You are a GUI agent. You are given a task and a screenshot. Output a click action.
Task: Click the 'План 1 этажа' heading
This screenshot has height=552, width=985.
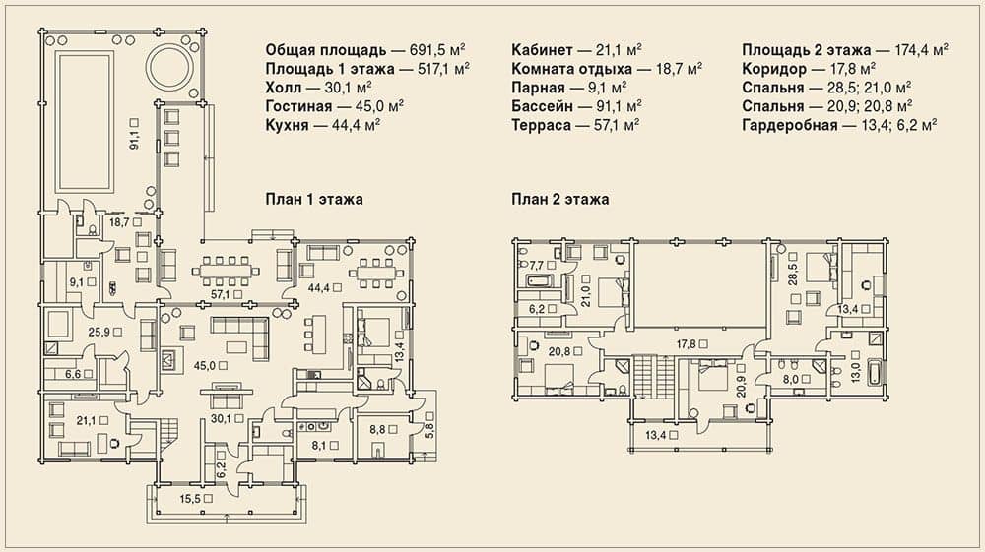(x=314, y=200)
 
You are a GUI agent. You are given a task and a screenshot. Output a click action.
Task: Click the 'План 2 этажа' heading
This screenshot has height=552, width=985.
(x=559, y=200)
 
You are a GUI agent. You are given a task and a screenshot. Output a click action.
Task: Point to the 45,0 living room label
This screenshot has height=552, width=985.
(x=206, y=365)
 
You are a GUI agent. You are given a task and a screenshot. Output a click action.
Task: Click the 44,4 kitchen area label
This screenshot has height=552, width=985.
(x=320, y=288)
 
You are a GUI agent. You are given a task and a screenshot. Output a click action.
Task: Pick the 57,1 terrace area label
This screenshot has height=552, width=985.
(x=220, y=293)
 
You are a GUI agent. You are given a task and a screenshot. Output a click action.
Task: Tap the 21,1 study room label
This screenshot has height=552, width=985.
(x=88, y=421)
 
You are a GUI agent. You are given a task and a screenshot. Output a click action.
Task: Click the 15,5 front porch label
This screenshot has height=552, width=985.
(x=192, y=499)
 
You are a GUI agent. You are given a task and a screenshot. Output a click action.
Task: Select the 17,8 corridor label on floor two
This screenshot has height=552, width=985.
(x=688, y=343)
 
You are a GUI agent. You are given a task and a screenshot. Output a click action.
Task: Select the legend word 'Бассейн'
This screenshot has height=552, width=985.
(x=541, y=106)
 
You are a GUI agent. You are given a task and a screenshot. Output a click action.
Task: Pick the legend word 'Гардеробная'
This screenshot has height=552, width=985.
(x=790, y=126)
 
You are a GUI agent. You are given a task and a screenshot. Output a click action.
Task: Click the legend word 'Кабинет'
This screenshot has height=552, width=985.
(x=542, y=50)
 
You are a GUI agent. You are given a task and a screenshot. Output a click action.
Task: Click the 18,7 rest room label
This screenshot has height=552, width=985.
(x=120, y=222)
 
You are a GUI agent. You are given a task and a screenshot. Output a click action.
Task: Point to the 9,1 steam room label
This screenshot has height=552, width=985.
(x=76, y=283)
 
